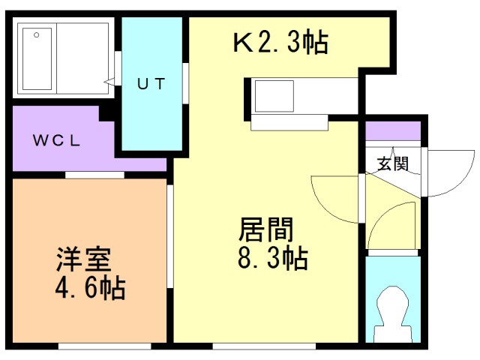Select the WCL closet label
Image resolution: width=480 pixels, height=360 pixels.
point(61,140)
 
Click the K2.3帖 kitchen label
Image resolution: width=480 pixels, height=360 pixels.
point(280,43)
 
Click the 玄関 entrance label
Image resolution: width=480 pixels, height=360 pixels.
point(392,163)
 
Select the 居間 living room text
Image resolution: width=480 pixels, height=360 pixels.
point(265,229)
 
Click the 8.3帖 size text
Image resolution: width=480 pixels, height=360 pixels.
point(271,259)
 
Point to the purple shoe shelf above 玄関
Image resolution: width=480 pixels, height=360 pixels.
point(392,131)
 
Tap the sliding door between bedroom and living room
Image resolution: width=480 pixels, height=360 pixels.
point(170,236)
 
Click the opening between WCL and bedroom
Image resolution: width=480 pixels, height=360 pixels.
point(94,175)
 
